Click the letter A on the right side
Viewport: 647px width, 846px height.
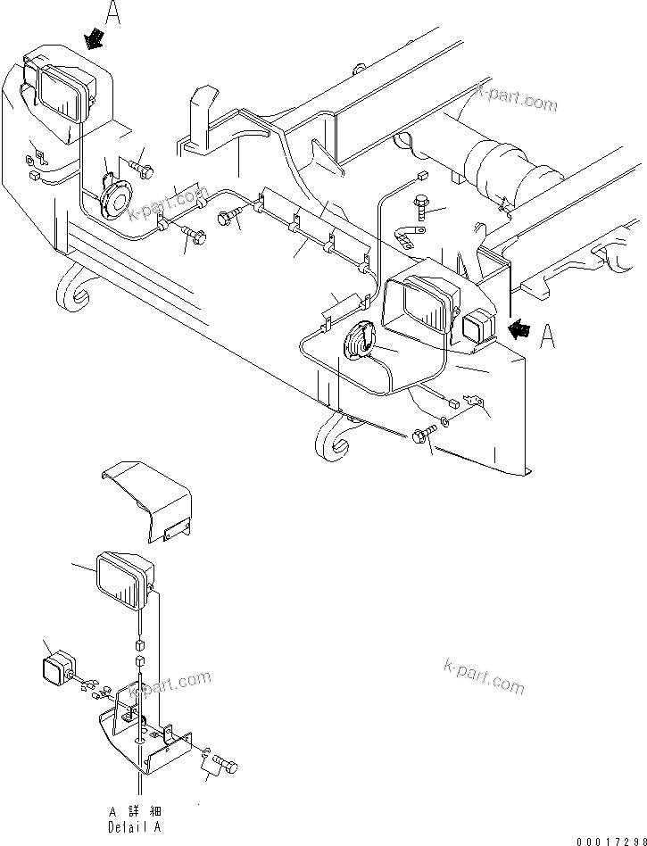click(x=549, y=336)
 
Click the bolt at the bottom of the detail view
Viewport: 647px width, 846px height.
click(x=227, y=766)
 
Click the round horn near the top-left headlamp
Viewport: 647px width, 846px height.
click(x=115, y=195)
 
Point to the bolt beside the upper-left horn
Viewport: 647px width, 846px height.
click(x=142, y=167)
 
